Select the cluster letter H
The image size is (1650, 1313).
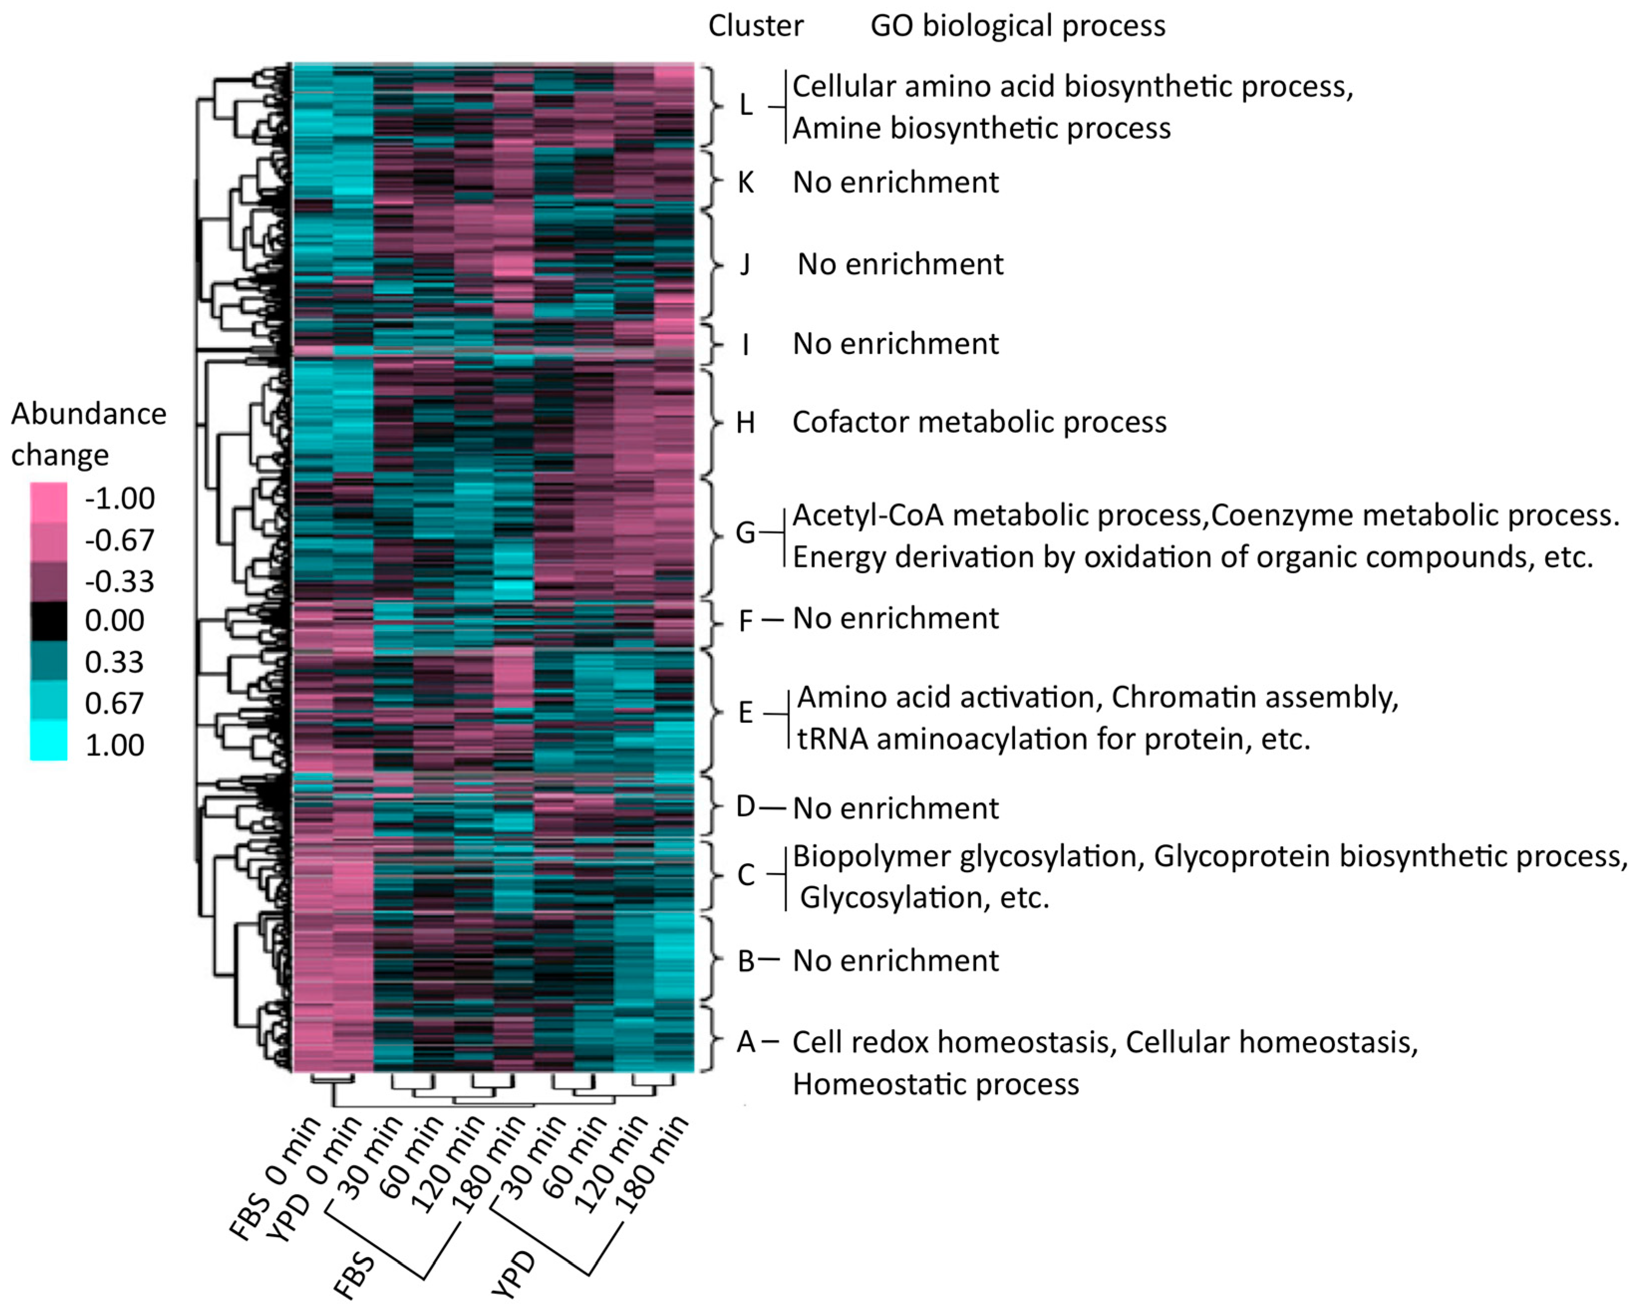point(746,422)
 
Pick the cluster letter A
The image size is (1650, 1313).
point(746,1042)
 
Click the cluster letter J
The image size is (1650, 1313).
point(745,265)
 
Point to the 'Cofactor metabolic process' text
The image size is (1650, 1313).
point(979,422)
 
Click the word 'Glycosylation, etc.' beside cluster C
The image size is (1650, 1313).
point(924,897)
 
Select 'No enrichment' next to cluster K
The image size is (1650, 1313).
point(896,182)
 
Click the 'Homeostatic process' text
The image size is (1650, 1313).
point(935,1084)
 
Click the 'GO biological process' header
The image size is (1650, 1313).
point(1017,26)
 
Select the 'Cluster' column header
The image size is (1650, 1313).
point(755,26)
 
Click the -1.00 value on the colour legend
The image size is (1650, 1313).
point(120,498)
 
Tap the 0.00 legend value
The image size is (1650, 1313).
point(114,620)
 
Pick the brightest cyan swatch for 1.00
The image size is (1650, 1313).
point(49,741)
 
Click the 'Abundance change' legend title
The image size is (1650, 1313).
point(88,434)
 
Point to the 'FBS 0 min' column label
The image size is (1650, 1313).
point(276,1179)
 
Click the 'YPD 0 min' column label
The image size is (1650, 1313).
point(314,1179)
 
